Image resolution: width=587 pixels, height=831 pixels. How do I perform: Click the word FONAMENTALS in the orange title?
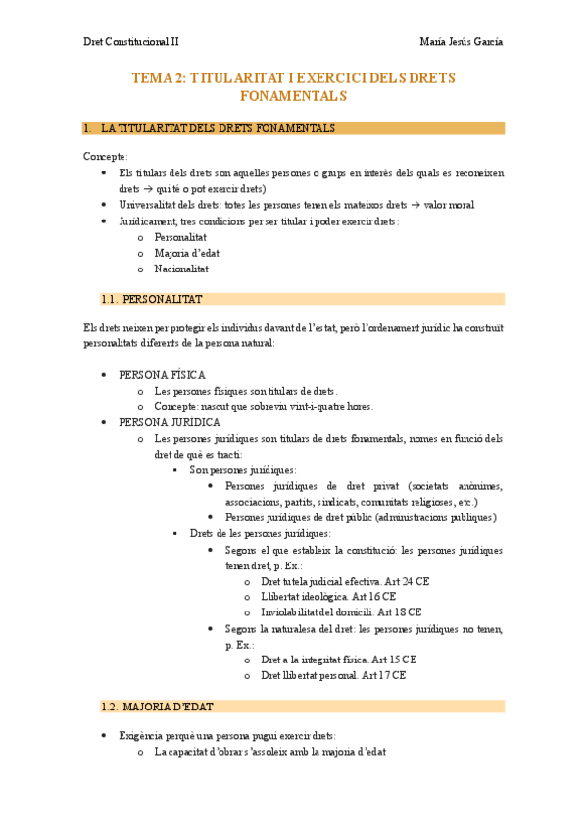[x=293, y=96]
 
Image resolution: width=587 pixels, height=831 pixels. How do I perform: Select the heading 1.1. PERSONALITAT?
[x=151, y=299]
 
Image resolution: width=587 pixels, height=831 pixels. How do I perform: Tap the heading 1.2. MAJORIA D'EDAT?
[x=158, y=707]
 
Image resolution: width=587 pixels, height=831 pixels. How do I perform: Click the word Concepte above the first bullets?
[x=105, y=156]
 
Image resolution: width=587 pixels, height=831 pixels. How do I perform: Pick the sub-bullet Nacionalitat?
[x=181, y=269]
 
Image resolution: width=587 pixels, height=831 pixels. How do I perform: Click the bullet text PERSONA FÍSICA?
[x=162, y=375]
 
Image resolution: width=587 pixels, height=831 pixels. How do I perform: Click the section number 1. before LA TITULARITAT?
[x=88, y=128]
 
